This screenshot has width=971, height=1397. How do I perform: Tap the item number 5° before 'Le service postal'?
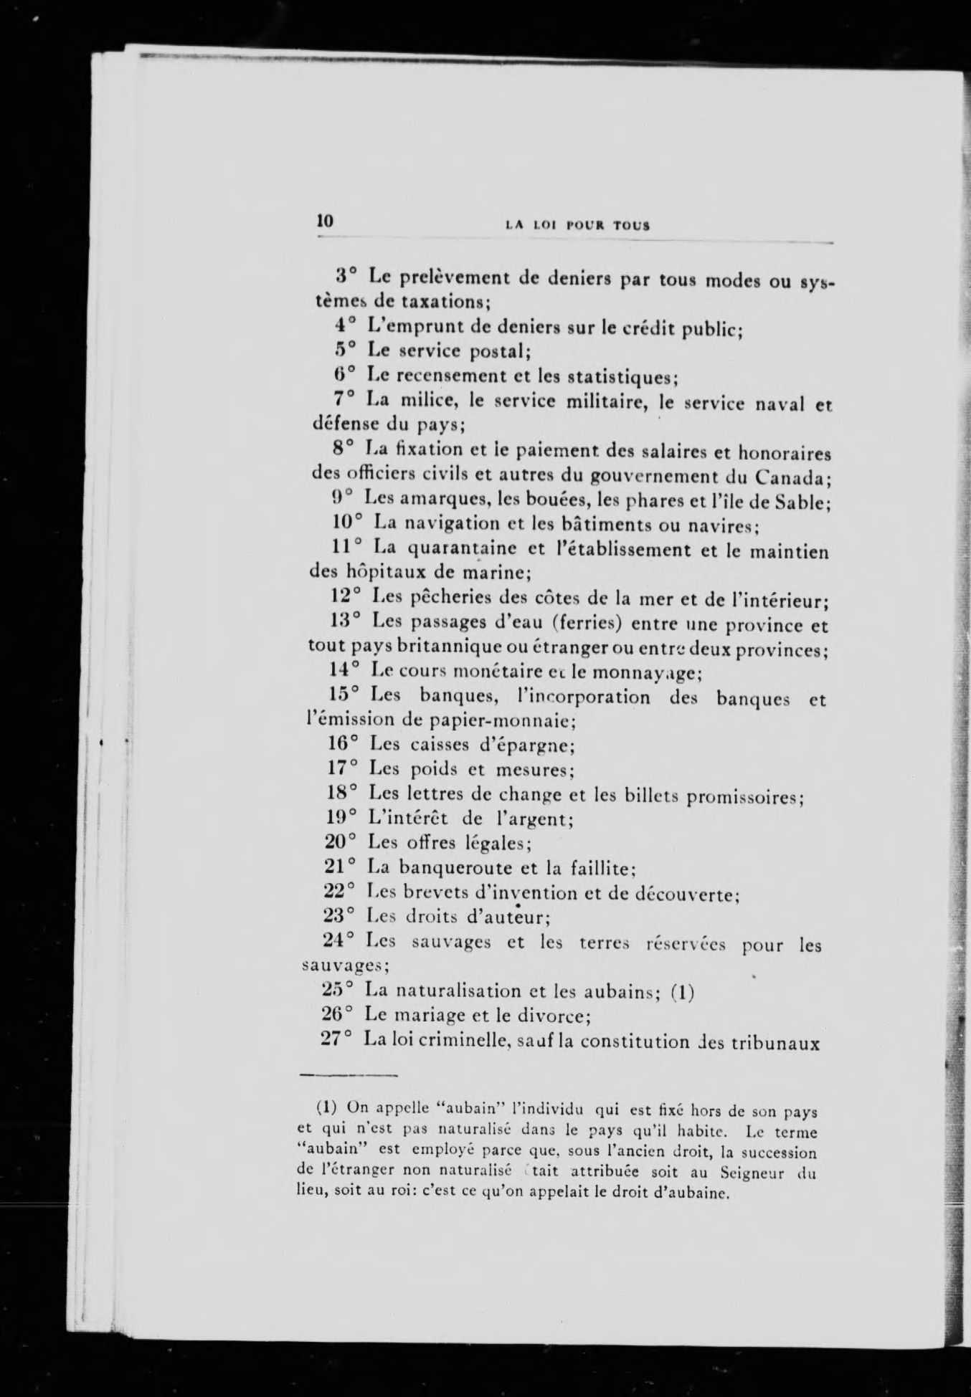click(346, 351)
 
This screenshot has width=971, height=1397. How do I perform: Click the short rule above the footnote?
click(347, 1076)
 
